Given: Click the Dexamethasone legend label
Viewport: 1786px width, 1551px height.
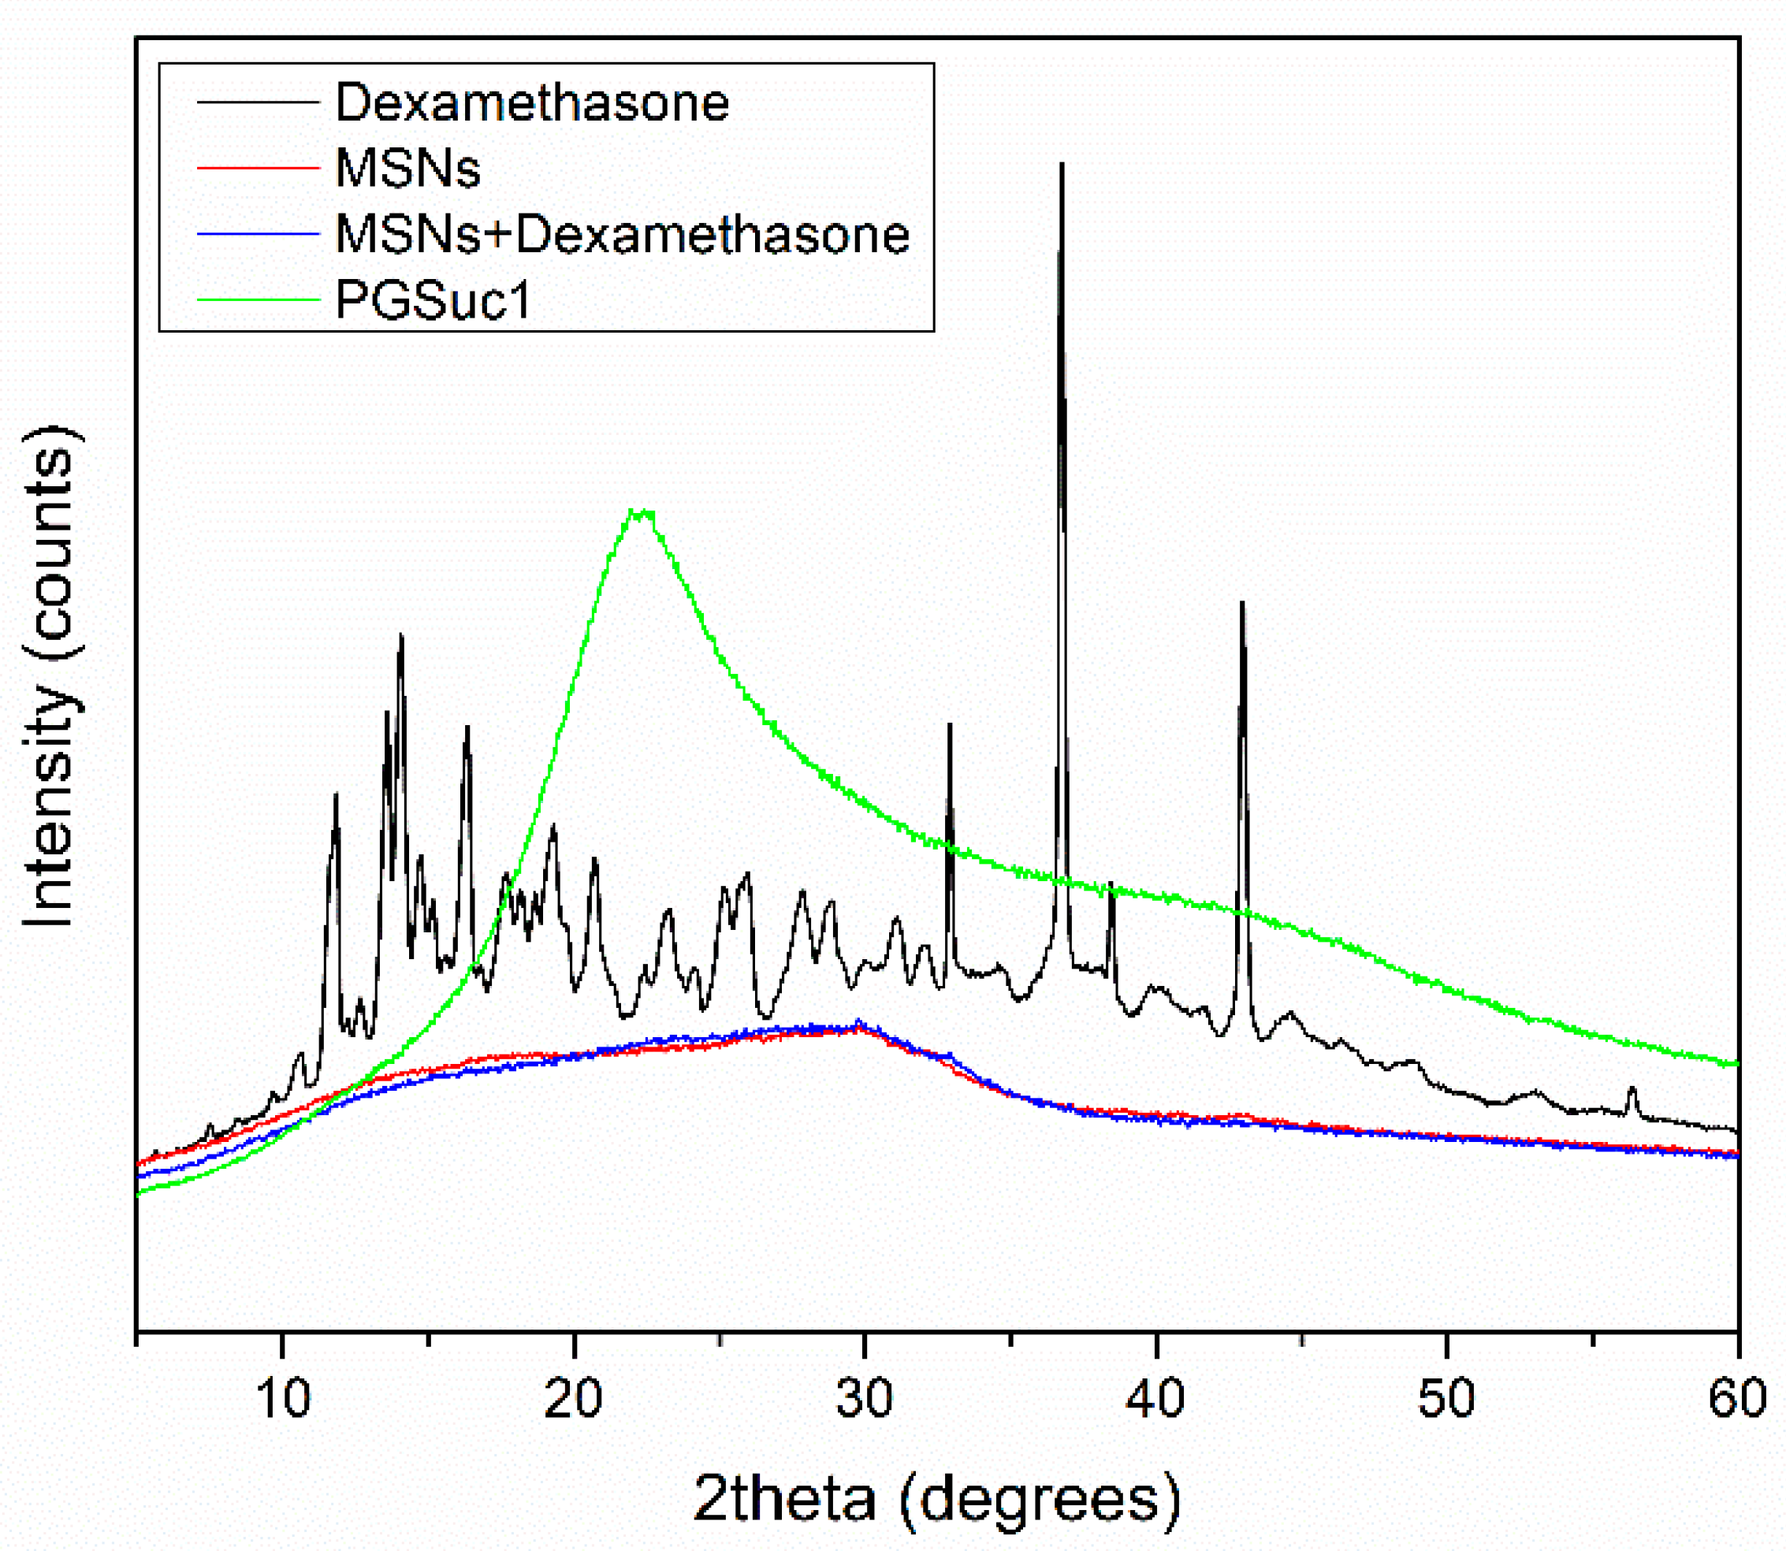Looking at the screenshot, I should point(531,103).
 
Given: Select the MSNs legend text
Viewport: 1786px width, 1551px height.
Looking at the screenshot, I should point(407,168).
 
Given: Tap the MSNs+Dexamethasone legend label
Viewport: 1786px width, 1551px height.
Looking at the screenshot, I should point(622,235).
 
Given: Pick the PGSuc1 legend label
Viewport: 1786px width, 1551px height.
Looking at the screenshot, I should point(432,301).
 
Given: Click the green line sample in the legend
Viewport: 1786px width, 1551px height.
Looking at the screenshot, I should point(258,300).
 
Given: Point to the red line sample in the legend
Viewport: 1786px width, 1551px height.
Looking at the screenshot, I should point(258,167).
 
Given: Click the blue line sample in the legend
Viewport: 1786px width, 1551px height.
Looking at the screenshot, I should point(258,234).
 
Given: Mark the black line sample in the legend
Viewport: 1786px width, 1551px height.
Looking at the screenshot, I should point(258,102).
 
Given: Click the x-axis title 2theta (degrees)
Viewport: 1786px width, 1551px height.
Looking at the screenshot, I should point(936,1499).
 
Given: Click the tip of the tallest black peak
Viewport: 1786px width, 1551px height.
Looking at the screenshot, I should point(1062,164).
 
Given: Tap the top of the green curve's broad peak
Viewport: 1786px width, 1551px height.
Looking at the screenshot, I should point(641,512).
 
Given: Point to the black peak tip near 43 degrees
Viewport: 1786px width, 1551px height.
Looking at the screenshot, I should point(1241,602).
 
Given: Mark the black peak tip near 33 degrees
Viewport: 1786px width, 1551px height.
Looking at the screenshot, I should point(950,724).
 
